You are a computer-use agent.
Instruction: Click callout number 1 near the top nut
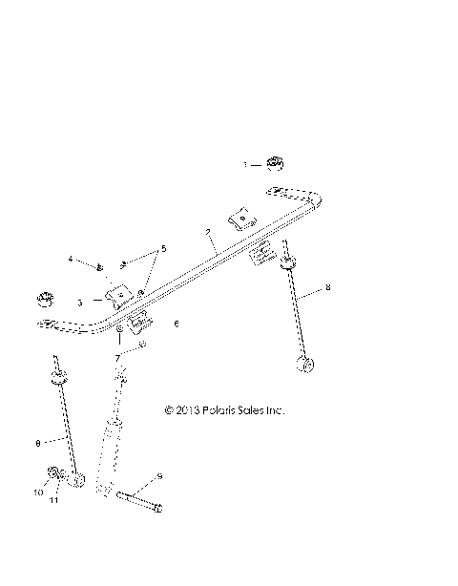[x=244, y=164]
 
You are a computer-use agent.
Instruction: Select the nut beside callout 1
[x=274, y=162]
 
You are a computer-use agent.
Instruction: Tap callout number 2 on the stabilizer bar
[x=207, y=232]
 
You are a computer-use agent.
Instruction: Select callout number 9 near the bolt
[x=159, y=474]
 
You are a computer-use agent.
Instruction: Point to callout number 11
[x=53, y=499]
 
